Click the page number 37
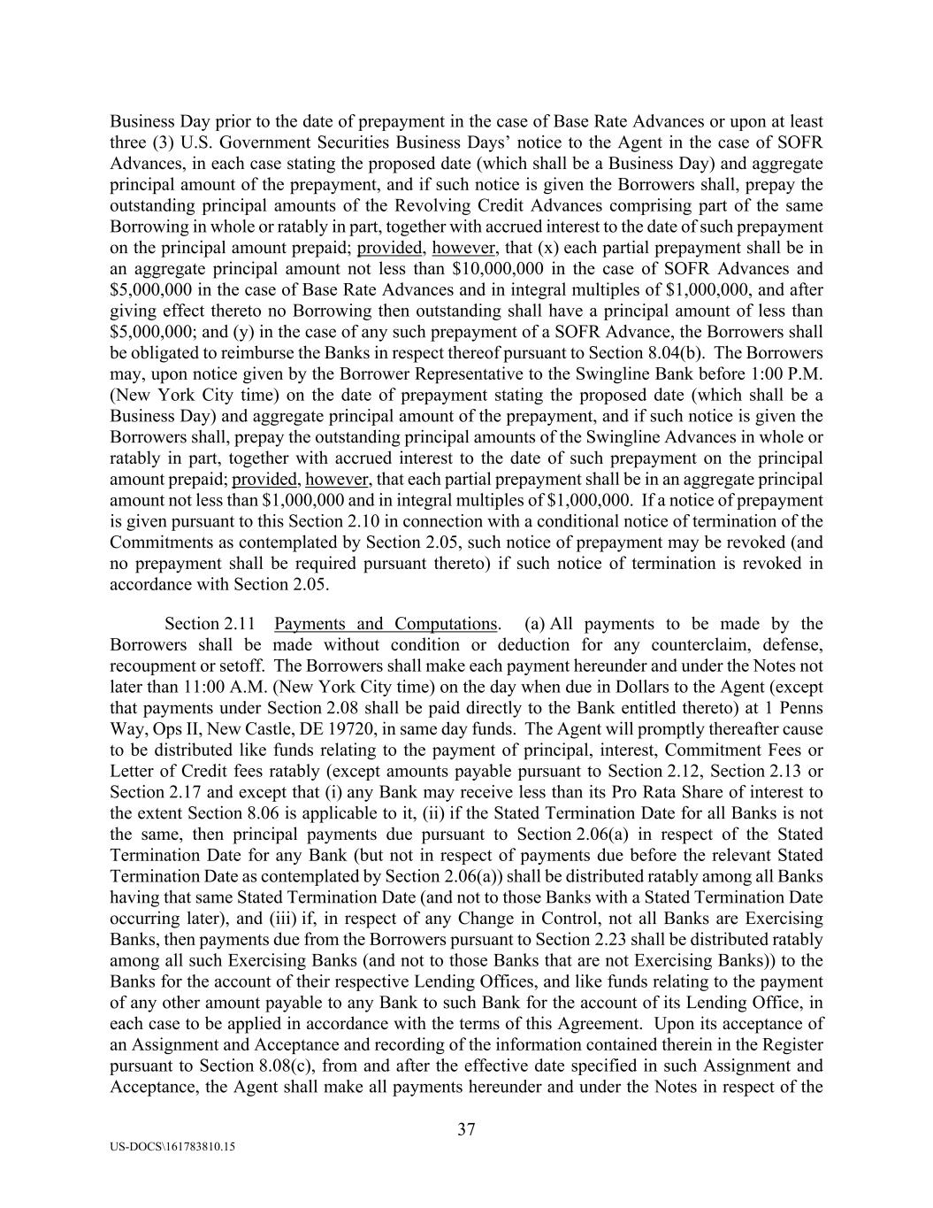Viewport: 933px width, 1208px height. coord(466,1129)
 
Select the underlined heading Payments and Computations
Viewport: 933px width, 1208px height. coord(386,624)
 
